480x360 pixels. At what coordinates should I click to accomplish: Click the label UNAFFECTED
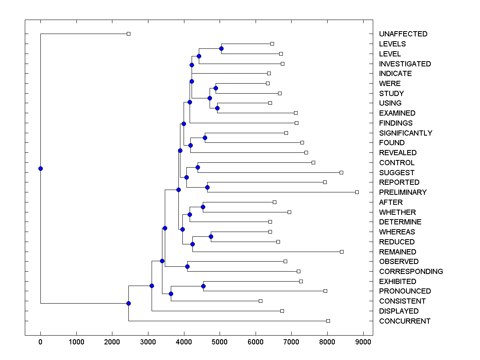[x=403, y=34]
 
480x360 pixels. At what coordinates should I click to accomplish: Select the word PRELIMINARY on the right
[x=402, y=192]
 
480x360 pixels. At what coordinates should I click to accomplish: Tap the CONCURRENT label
[x=404, y=321]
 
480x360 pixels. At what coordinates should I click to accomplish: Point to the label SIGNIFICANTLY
[x=405, y=133]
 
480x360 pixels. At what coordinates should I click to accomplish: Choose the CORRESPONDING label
[x=411, y=272]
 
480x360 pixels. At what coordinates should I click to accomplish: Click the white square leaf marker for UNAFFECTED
[x=128, y=34]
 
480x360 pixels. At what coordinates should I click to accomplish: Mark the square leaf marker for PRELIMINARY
[x=357, y=192]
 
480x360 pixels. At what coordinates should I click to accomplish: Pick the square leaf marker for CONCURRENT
[x=328, y=321]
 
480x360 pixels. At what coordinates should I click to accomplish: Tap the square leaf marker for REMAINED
[x=342, y=252]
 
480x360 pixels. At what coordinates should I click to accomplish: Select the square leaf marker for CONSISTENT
[x=260, y=301]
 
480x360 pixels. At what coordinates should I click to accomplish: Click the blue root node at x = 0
[x=40, y=168]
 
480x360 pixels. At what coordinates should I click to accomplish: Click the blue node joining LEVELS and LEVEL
[x=221, y=48]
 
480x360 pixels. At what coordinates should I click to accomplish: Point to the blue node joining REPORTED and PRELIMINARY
[x=207, y=187]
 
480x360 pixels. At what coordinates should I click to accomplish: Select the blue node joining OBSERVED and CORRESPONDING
[x=187, y=266]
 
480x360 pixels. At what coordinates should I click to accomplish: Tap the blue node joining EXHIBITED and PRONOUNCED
[x=203, y=286]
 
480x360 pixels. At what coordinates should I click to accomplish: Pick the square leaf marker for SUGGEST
[x=341, y=172]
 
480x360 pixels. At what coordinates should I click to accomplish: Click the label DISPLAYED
[x=398, y=311]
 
